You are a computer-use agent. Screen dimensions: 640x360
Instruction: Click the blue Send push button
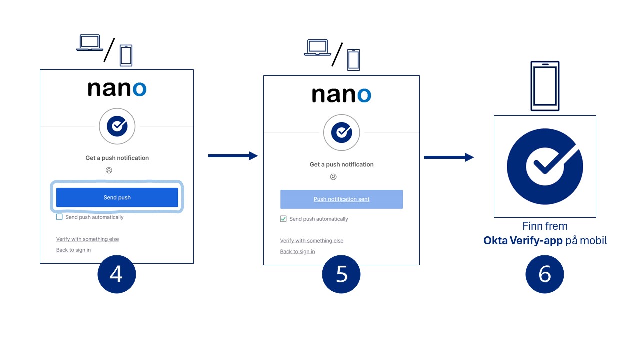pyautogui.click(x=117, y=197)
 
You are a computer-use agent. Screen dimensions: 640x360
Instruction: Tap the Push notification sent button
pyautogui.click(x=341, y=199)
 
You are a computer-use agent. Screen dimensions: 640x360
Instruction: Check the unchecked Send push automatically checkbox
pyautogui.click(x=59, y=217)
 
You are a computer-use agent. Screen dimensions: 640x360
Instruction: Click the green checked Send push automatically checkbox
pyautogui.click(x=283, y=219)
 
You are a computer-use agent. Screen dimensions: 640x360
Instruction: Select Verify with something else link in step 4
pyautogui.click(x=87, y=239)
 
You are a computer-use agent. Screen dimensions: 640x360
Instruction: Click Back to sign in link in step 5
pyautogui.click(x=297, y=251)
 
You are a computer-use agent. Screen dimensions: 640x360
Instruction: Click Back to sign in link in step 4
pyautogui.click(x=73, y=250)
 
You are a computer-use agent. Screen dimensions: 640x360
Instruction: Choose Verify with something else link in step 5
pyautogui.click(x=312, y=241)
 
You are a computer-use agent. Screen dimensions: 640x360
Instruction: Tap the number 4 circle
pyautogui.click(x=117, y=274)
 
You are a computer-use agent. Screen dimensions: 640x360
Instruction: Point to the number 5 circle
pyautogui.click(x=341, y=274)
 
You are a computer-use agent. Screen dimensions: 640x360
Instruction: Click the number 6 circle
pyautogui.click(x=545, y=274)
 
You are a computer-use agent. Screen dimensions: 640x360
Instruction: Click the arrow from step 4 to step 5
pyautogui.click(x=233, y=156)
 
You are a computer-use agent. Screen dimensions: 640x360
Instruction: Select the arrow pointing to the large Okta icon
pyautogui.click(x=449, y=157)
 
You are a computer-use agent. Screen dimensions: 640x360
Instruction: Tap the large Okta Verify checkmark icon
pyautogui.click(x=545, y=167)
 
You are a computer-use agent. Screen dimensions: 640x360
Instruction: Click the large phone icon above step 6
pyautogui.click(x=545, y=86)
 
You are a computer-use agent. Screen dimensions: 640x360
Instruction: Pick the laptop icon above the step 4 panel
pyautogui.click(x=90, y=43)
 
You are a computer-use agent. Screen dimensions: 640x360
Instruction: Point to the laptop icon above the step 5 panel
pyautogui.click(x=317, y=47)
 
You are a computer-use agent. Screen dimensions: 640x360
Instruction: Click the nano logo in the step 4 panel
pyautogui.click(x=117, y=89)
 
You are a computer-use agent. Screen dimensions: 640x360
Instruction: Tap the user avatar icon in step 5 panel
pyautogui.click(x=333, y=177)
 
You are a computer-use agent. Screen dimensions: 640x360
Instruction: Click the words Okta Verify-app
pyautogui.click(x=523, y=241)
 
